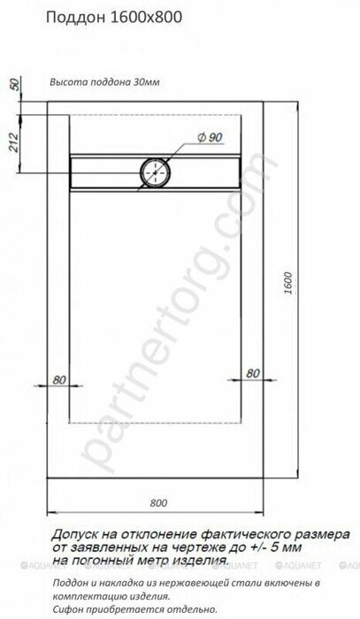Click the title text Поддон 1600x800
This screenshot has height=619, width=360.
114,19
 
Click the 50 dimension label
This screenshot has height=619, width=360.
14,84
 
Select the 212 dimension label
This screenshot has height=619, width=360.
14,141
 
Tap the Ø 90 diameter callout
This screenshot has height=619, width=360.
210,137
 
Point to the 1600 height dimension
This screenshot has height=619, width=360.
288,283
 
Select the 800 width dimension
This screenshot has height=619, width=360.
158,503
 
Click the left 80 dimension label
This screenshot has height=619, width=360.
58,379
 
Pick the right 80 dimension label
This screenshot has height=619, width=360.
253,373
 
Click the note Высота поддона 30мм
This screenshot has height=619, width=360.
104,82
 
